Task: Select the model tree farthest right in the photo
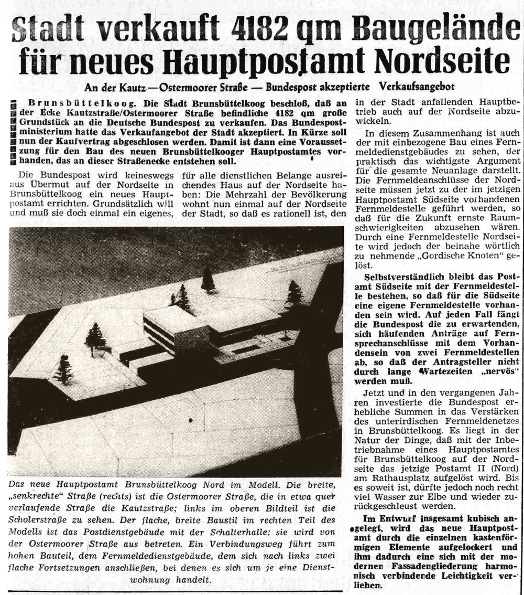tap(294, 293)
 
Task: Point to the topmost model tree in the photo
tap(208, 279)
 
